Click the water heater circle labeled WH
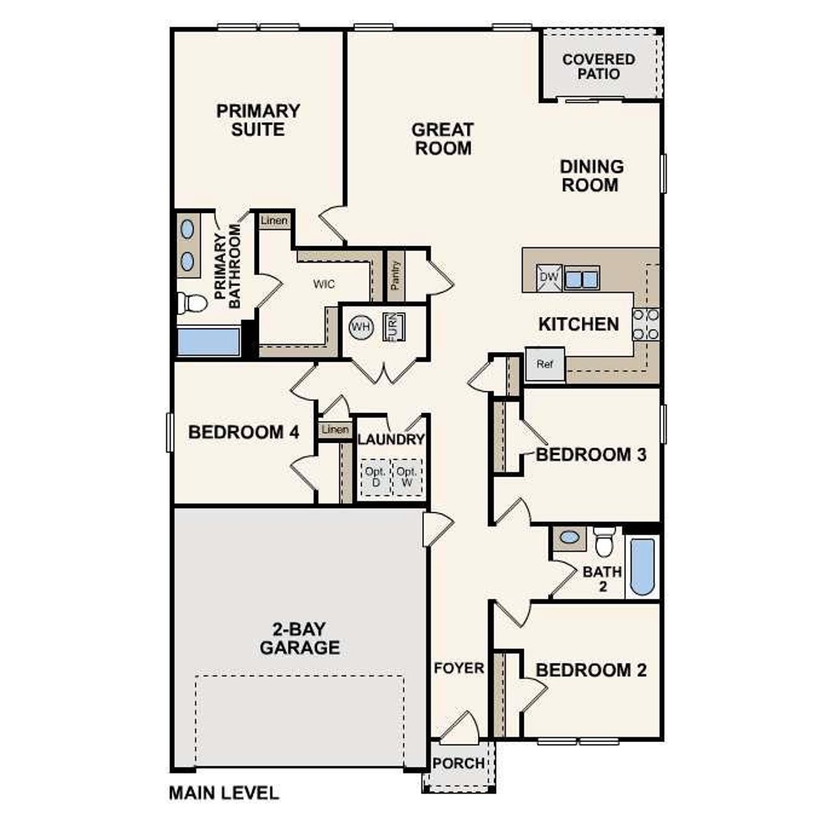(x=360, y=327)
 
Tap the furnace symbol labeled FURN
(x=393, y=326)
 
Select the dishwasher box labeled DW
(x=549, y=277)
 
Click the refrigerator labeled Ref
(x=545, y=364)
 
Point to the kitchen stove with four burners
(x=646, y=325)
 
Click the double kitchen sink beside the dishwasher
(x=582, y=278)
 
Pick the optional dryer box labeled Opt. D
(x=375, y=478)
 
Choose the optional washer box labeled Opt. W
(x=407, y=478)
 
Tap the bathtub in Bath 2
(x=642, y=566)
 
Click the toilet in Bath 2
(x=604, y=541)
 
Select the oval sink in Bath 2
(x=569, y=538)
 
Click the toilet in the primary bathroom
(x=192, y=303)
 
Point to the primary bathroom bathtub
(x=208, y=341)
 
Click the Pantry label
(x=395, y=275)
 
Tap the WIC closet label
(x=324, y=284)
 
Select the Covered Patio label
(x=599, y=66)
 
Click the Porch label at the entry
(x=458, y=763)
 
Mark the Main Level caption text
(x=224, y=793)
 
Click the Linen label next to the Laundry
(x=335, y=430)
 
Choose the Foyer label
(x=459, y=668)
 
